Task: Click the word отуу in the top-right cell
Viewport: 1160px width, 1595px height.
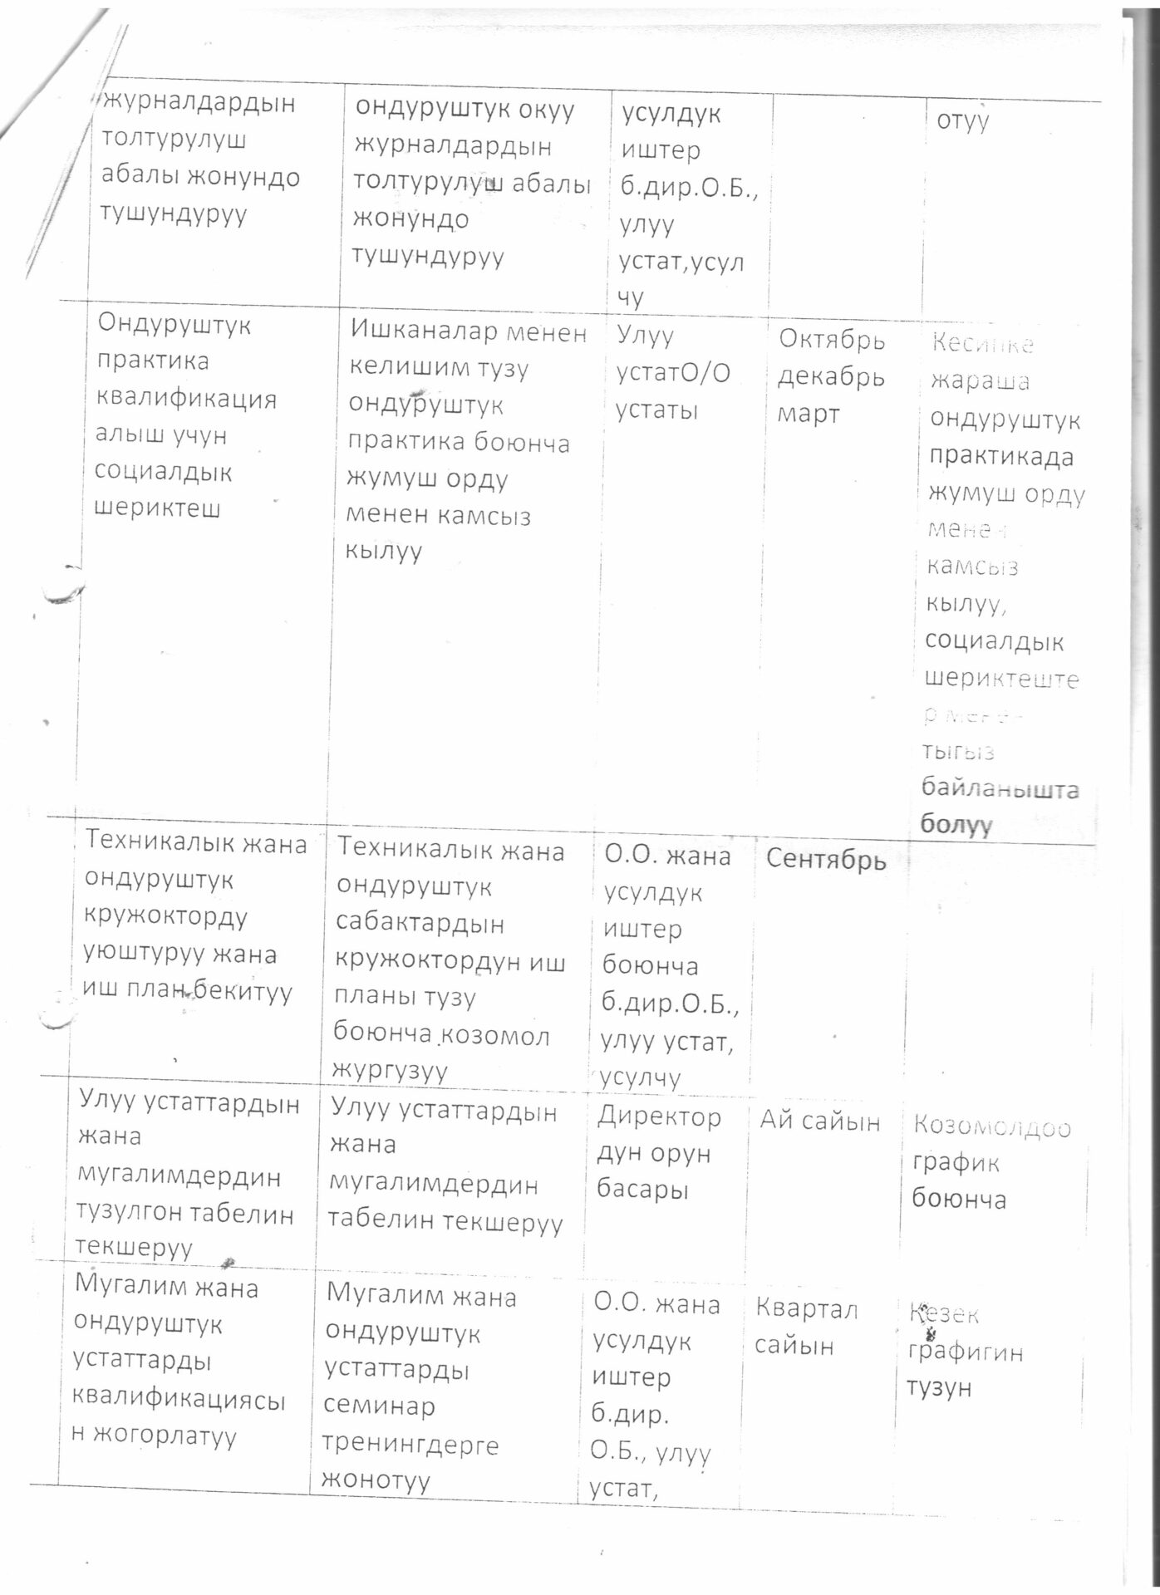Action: [963, 121]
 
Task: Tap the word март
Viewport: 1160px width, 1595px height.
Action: [809, 414]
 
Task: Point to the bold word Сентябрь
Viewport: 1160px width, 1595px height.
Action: [826, 860]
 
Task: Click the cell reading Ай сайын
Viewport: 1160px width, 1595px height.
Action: [819, 1121]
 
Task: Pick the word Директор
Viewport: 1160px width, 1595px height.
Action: [658, 1117]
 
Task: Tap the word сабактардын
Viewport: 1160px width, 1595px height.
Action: [420, 924]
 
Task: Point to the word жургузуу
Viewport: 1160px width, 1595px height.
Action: [389, 1070]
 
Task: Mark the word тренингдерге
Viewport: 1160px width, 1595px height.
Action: [410, 1445]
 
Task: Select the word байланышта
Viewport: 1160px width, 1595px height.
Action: [1000, 788]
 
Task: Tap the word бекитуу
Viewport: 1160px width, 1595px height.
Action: [248, 991]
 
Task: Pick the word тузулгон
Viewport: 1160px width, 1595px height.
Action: [129, 1214]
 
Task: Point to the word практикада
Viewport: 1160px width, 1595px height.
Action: [1000, 457]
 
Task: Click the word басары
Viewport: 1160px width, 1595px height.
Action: [642, 1190]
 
